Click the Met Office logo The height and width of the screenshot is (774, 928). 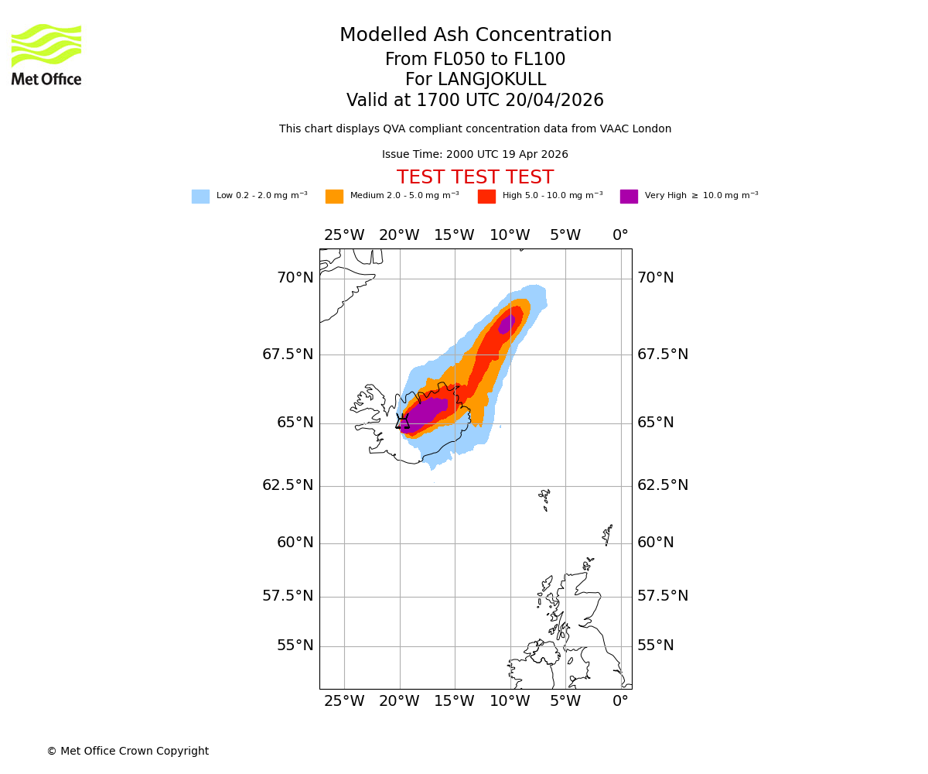pyautogui.click(x=46, y=54)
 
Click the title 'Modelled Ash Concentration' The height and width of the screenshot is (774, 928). pyautogui.click(x=476, y=36)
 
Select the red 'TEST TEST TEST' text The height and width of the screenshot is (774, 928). pyautogui.click(x=475, y=177)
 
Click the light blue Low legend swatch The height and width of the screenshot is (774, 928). pyautogui.click(x=200, y=197)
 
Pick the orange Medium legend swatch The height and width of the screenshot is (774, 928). pyautogui.click(x=334, y=197)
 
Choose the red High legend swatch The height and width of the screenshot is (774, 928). pyautogui.click(x=486, y=197)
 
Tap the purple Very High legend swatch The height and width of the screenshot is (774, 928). pyautogui.click(x=629, y=197)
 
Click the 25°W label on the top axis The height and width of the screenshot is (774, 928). pyautogui.click(x=343, y=235)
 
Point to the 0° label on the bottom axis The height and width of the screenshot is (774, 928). pyautogui.click(x=620, y=701)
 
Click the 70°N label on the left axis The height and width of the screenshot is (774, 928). pyautogui.click(x=295, y=278)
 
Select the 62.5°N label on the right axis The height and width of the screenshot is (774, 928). pyautogui.click(x=655, y=485)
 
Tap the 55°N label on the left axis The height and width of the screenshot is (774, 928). pyautogui.click(x=295, y=646)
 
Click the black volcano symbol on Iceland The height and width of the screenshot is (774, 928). pyautogui.click(x=402, y=422)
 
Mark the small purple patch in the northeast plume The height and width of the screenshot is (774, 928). pyautogui.click(x=507, y=324)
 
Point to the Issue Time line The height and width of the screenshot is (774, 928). pyautogui.click(x=475, y=155)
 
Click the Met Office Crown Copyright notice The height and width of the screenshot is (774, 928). pyautogui.click(x=128, y=751)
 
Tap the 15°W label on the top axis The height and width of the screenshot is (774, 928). pyautogui.click(x=454, y=235)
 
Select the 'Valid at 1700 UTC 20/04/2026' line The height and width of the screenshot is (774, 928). pyautogui.click(x=475, y=101)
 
